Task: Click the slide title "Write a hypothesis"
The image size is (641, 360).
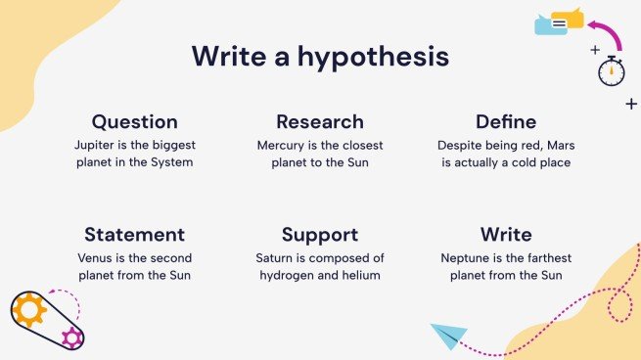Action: coord(320,56)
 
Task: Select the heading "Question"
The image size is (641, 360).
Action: coord(135,122)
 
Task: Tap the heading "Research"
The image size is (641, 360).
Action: coord(320,122)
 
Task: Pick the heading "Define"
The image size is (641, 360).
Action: coord(505,122)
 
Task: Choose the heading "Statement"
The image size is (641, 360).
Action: coord(135,235)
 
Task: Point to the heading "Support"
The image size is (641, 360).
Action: coord(320,235)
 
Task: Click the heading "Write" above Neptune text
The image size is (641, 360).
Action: coord(505,235)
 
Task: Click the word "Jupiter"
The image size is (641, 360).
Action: coord(99,144)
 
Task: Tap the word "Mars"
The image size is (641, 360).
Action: coord(554,144)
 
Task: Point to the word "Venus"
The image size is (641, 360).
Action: coord(95,257)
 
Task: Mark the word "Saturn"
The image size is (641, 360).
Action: coord(275,257)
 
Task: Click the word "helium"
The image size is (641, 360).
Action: coord(361,275)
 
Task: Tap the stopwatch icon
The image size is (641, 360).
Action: coord(612,71)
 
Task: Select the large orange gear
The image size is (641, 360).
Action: coord(29,310)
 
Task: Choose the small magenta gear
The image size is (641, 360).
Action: coord(70,338)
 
